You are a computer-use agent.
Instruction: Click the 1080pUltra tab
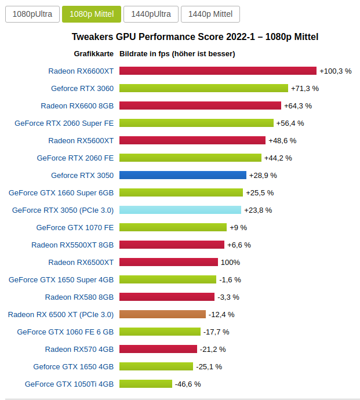point(32,14)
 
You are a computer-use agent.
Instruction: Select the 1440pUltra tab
point(150,14)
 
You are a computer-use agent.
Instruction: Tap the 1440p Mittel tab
point(210,14)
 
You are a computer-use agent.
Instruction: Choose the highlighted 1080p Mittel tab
point(92,14)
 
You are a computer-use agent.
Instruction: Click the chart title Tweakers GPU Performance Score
point(195,37)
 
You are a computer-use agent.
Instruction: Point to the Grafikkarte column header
point(93,54)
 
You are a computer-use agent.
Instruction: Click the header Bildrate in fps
point(177,54)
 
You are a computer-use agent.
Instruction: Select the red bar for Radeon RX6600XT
point(218,71)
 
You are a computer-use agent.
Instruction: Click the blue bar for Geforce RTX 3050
point(183,175)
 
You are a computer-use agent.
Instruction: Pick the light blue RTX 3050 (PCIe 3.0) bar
point(180,210)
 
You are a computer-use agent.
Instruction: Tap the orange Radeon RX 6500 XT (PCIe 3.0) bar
point(162,314)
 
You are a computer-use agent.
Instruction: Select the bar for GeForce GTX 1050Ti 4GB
point(146,384)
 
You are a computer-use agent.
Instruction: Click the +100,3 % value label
point(336,71)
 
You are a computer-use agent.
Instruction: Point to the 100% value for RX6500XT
point(230,262)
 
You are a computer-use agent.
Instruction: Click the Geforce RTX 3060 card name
point(82,88)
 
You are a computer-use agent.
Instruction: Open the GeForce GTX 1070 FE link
point(75,227)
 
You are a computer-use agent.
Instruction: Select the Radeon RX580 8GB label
point(79,297)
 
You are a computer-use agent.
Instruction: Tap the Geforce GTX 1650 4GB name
point(74,366)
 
